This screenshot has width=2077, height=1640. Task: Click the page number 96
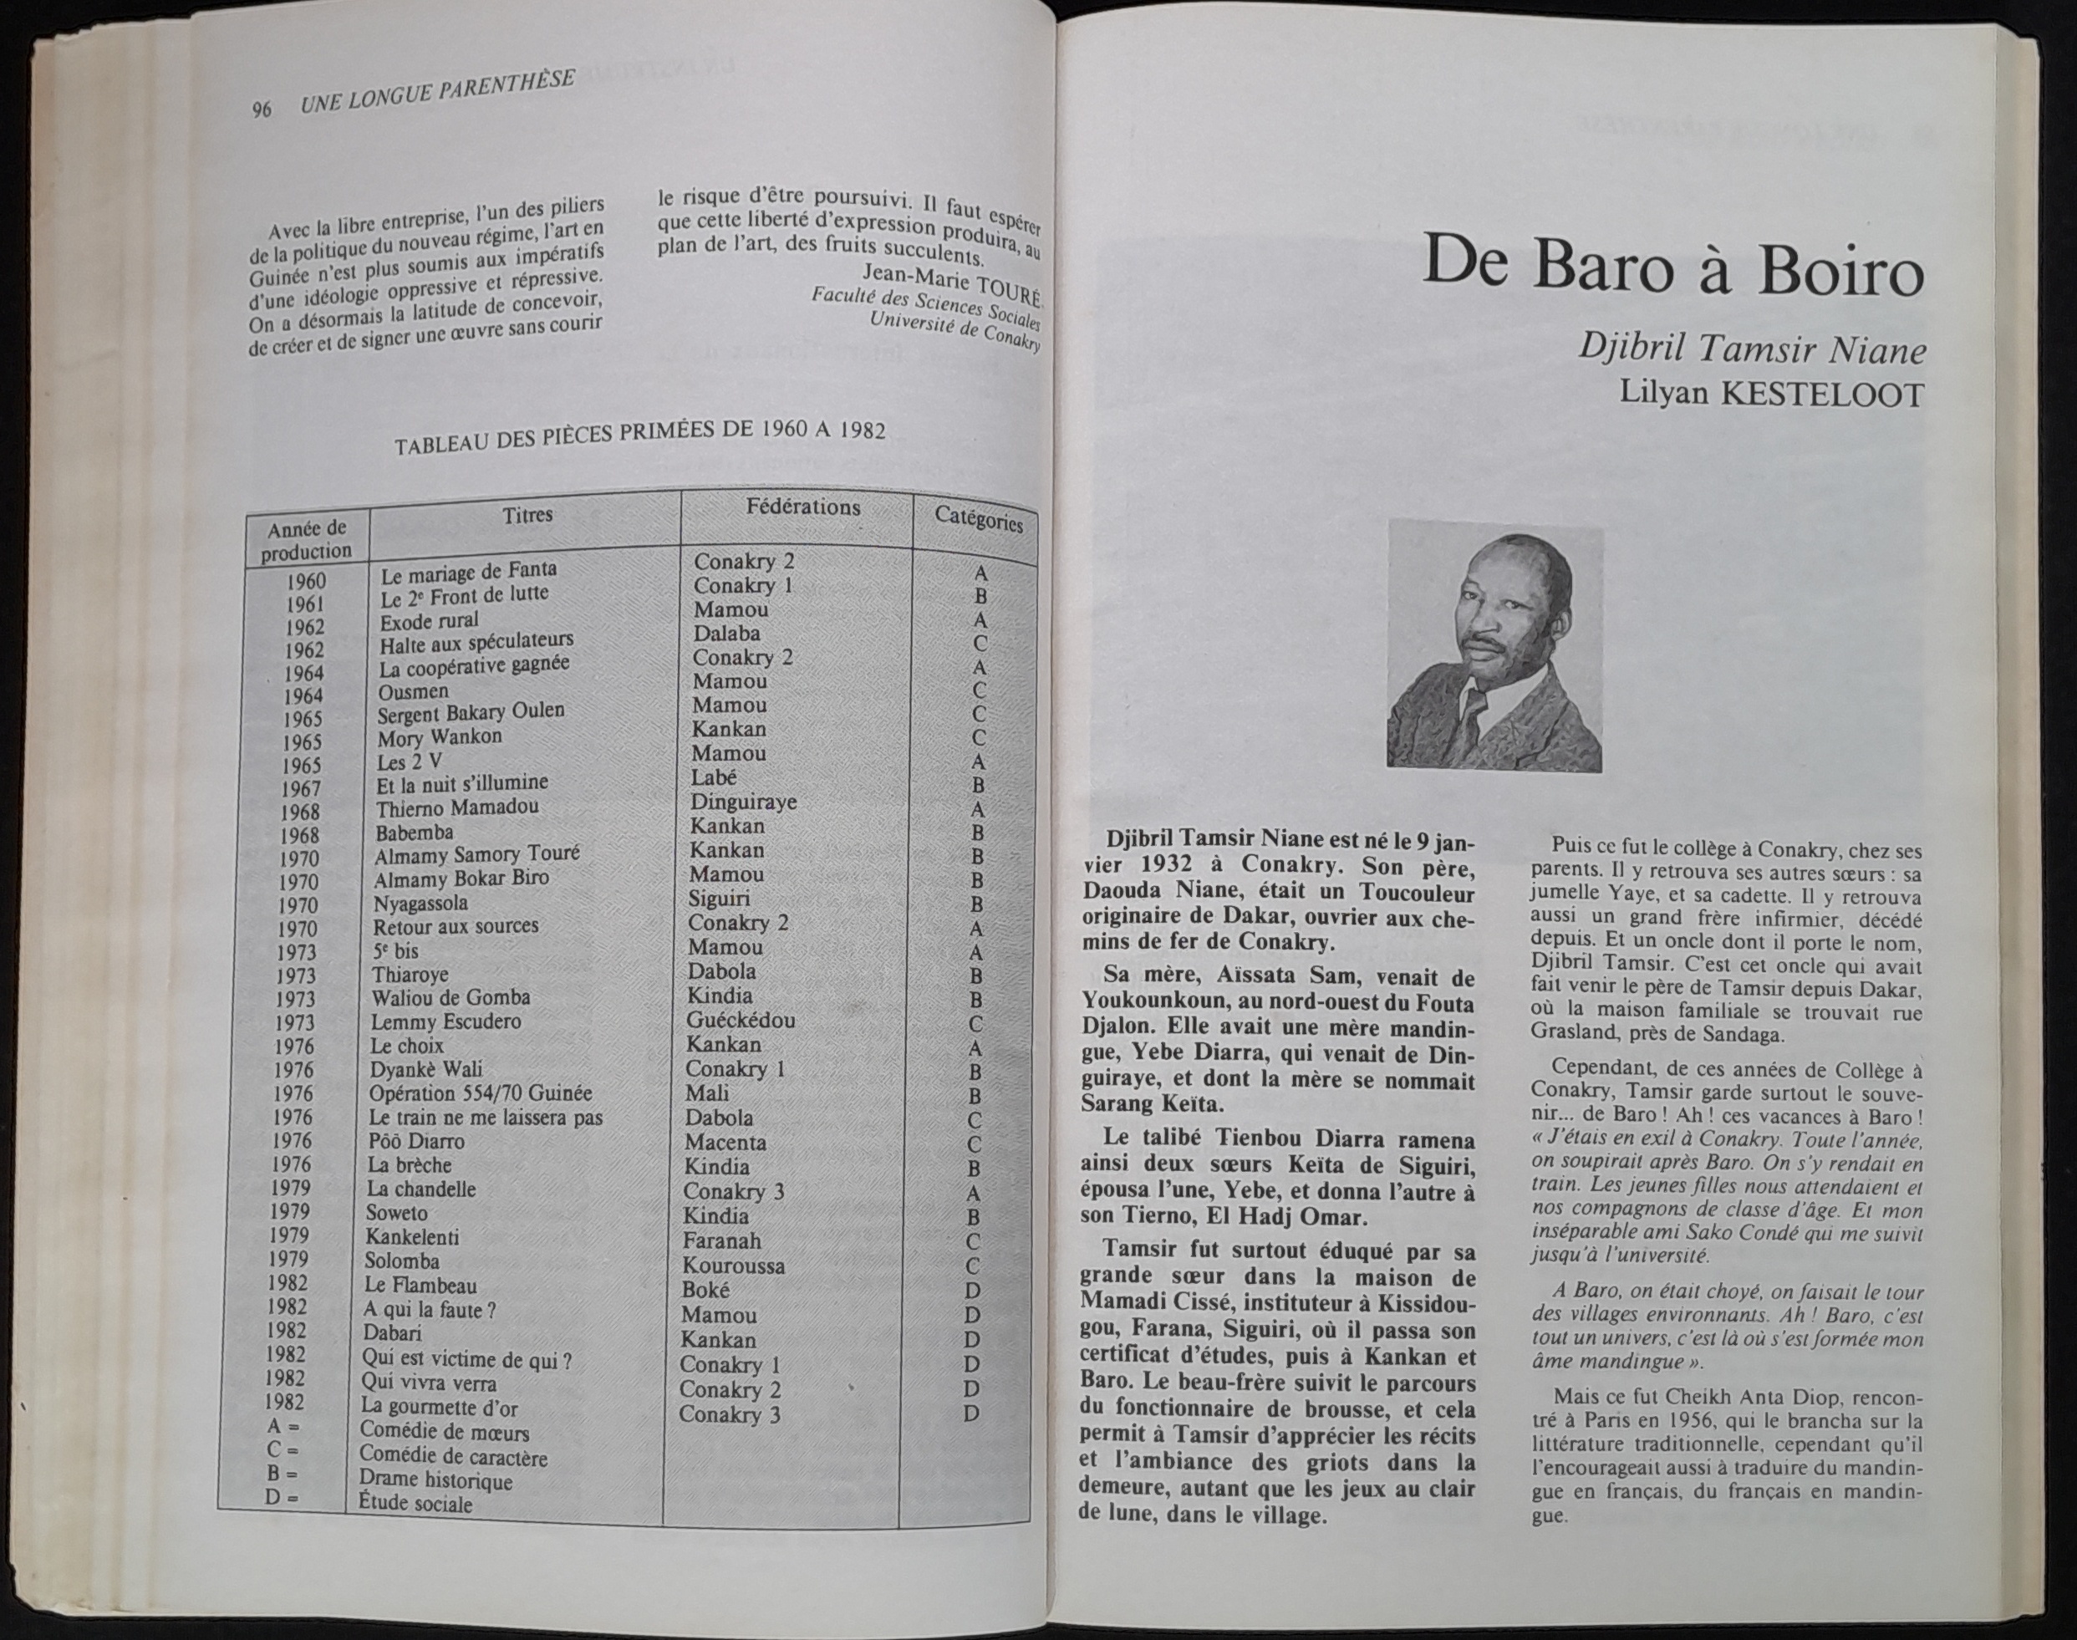[x=261, y=110]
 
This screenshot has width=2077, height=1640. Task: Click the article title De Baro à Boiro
[x=1672, y=264]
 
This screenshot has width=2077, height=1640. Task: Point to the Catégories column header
[x=979, y=518]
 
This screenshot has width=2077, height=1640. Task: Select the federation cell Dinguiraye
[x=743, y=801]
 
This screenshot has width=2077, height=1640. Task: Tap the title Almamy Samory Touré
[x=476, y=854]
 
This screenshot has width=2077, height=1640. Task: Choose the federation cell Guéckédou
[x=741, y=1020]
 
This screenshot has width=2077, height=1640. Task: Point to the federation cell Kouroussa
[x=734, y=1266]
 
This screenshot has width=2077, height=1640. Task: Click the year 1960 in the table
[x=305, y=581]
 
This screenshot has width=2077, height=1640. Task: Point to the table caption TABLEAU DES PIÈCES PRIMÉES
[x=639, y=437]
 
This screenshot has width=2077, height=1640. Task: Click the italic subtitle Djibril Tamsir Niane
[x=1753, y=349]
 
